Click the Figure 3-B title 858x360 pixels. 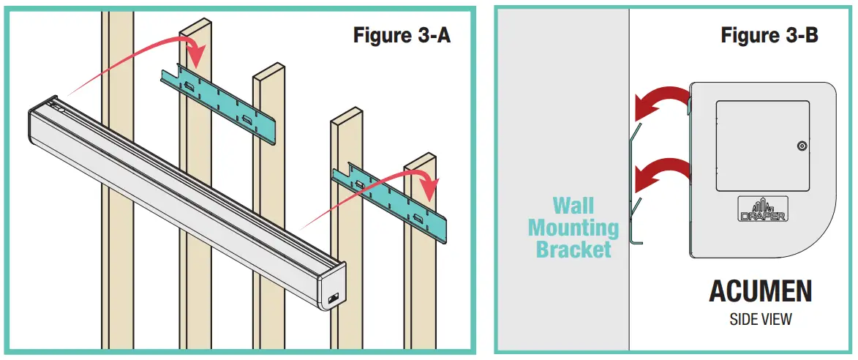[x=769, y=34]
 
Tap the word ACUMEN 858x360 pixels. [x=760, y=291]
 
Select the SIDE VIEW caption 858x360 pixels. [x=760, y=319]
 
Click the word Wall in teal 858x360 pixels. [x=573, y=205]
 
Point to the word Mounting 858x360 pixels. [x=573, y=227]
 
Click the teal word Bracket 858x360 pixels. [x=573, y=249]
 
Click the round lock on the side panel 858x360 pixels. [x=802, y=146]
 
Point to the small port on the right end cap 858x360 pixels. [x=334, y=298]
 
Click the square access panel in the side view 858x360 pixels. [x=762, y=146]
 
